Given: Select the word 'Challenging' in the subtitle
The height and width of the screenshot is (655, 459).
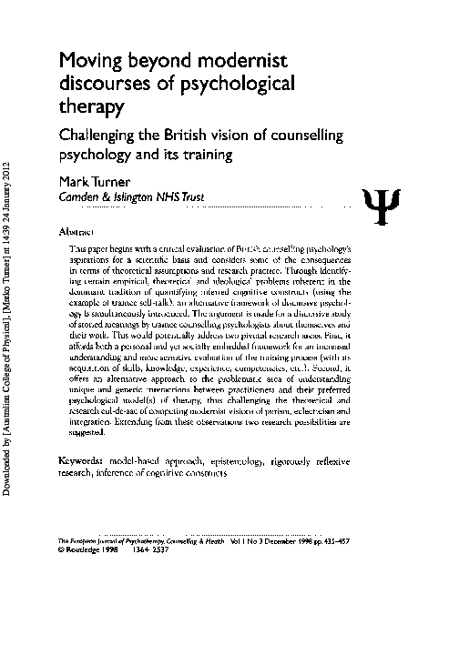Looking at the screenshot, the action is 100,136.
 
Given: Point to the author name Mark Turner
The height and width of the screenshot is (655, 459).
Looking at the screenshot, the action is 96,181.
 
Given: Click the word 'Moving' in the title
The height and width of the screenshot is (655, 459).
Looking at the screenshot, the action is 91,62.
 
